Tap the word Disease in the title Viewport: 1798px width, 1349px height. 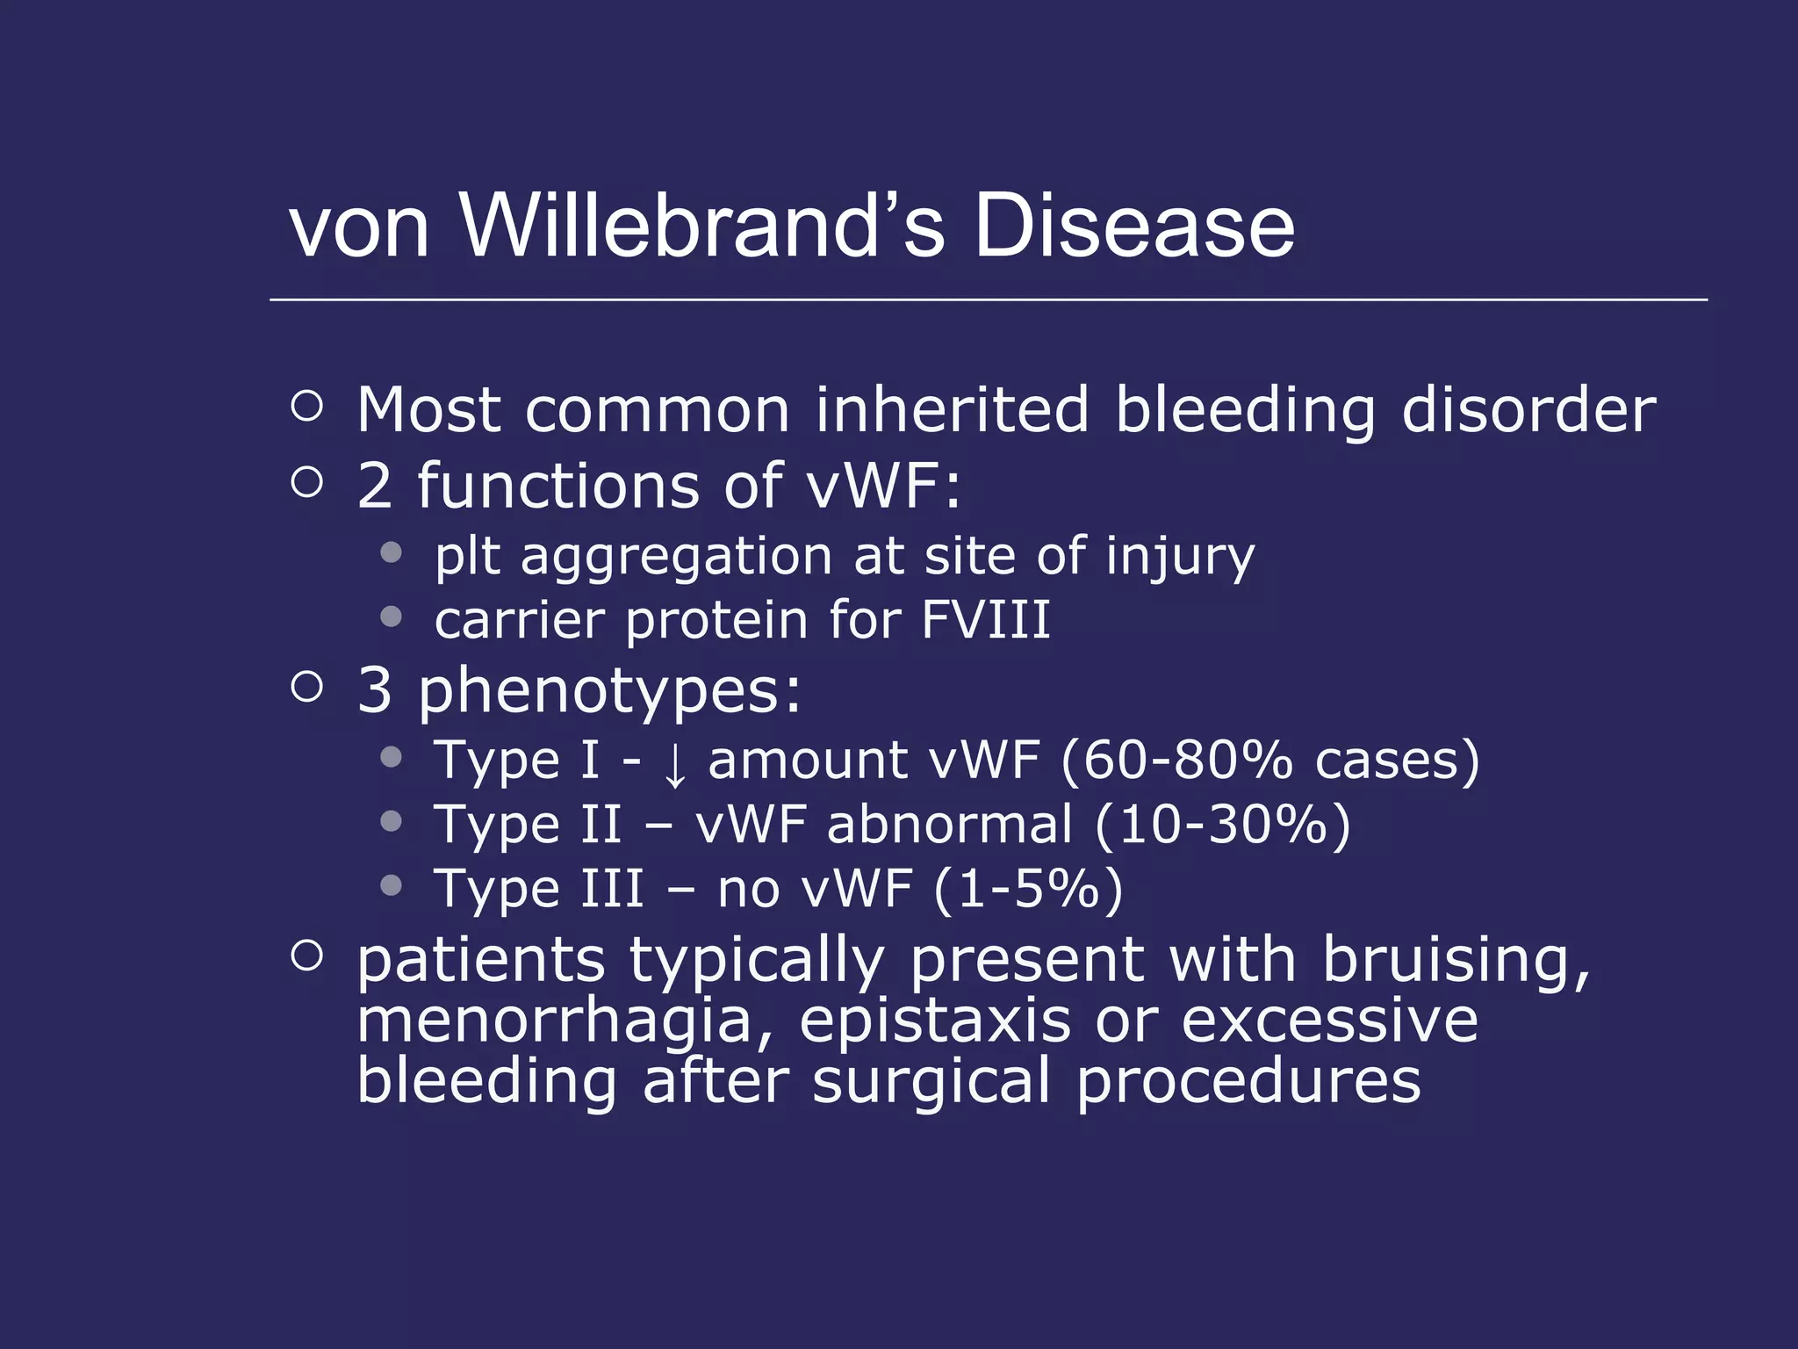tap(1133, 226)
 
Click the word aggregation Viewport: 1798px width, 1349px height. tap(676, 558)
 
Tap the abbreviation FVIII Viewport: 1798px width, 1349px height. tap(986, 620)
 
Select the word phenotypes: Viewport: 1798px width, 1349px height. tap(609, 691)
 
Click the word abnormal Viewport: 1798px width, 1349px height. tap(950, 825)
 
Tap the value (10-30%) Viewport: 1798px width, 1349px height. tap(1223, 825)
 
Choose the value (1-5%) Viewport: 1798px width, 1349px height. tap(1028, 889)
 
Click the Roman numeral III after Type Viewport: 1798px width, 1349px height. tap(613, 889)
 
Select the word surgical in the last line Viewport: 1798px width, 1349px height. tap(931, 1082)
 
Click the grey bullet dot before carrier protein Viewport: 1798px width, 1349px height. tap(392, 617)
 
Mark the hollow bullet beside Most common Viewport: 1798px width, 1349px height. tap(306, 406)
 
